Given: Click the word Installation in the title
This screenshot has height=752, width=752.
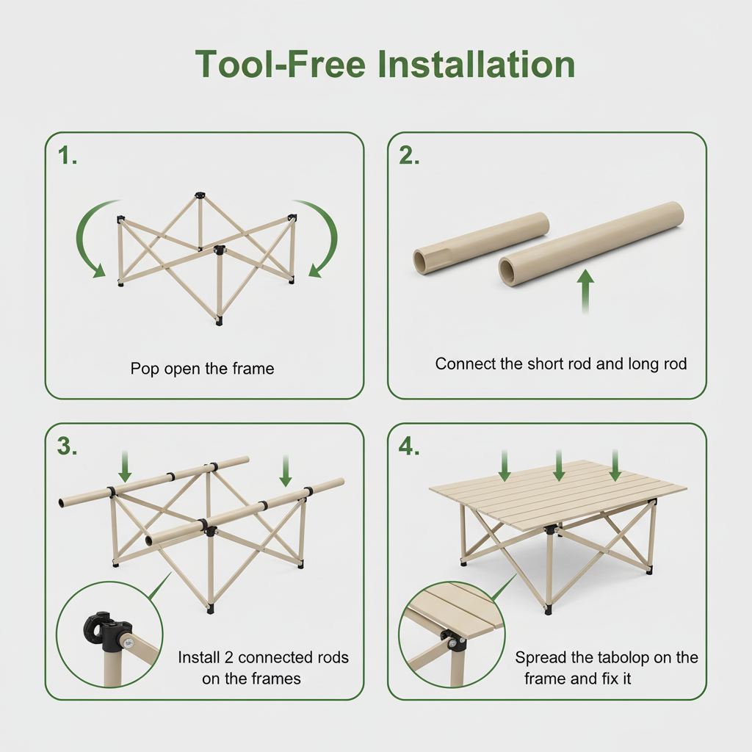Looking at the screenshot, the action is coord(476,64).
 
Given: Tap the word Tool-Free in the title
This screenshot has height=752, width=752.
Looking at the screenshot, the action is coord(281,64).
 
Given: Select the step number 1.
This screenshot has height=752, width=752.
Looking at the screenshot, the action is coord(67,156).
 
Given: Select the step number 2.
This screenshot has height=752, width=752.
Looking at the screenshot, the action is coord(409,156).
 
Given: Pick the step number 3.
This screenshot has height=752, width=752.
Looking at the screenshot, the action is coord(67,446).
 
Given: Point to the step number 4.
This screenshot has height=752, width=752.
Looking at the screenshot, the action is coord(409,446).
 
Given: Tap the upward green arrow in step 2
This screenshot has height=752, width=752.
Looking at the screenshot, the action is coord(585,291).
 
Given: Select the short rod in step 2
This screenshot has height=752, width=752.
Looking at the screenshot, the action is coord(481,244).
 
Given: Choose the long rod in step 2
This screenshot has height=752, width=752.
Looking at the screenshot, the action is coord(591,244).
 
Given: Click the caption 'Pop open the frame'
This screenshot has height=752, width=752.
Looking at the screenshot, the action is coord(203,369).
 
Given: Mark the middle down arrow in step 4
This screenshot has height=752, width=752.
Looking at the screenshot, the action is coord(559,465).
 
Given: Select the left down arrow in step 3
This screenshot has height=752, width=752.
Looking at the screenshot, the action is coord(125,466).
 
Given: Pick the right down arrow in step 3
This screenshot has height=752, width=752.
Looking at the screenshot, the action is coord(286,471).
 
